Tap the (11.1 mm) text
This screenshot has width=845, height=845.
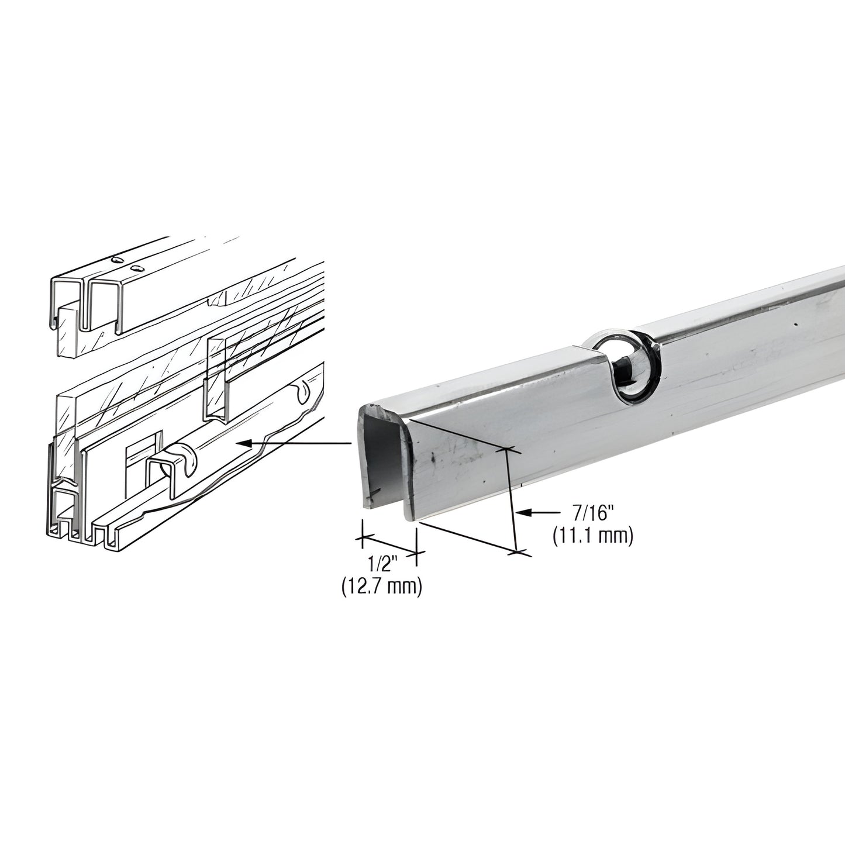point(592,536)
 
